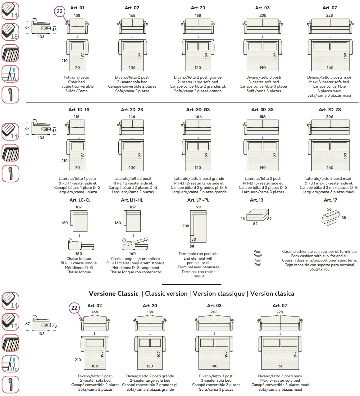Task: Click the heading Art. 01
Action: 77,8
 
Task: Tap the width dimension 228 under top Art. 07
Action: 330,15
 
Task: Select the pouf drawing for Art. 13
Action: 257,215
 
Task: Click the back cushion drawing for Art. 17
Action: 330,217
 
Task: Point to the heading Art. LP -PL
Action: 198,200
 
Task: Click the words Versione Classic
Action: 113,294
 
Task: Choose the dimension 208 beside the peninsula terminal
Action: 185,226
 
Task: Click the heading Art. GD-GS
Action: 198,110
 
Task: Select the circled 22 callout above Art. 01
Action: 59,11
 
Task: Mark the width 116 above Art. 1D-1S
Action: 77,117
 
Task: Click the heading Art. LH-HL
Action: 132,200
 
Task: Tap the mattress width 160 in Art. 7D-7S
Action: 330,168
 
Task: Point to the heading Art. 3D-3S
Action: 262,110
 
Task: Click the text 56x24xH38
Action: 319,269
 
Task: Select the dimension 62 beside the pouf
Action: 269,219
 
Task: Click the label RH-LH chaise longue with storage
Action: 135,263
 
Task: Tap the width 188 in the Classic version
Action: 150,312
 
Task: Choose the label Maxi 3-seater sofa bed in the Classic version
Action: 280,380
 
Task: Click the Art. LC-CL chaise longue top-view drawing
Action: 80,221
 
